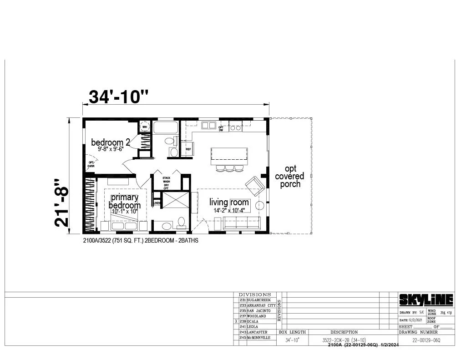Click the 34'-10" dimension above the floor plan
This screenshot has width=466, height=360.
(118, 96)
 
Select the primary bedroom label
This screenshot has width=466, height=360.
(124, 201)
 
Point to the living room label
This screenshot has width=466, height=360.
(229, 203)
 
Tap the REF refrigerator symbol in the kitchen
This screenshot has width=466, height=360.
(187, 148)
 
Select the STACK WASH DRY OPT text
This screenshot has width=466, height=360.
(167, 180)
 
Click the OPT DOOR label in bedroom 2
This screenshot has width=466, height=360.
(91, 164)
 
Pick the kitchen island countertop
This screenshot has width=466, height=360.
(229, 156)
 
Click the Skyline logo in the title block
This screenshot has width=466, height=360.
(426, 299)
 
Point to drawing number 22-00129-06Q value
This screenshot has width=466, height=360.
(426, 340)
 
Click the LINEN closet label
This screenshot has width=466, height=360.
(157, 203)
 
